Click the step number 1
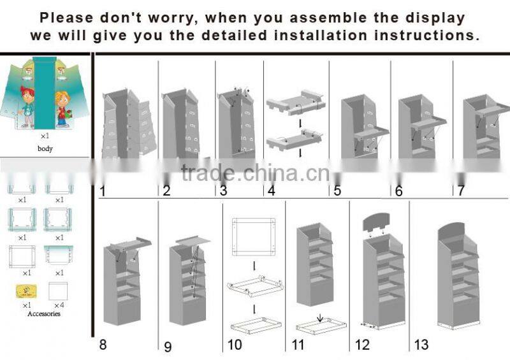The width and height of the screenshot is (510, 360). coord(103,190)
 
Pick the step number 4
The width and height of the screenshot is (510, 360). coord(272,190)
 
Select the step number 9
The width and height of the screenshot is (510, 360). coord(168,347)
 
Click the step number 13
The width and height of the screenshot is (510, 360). coord(421,345)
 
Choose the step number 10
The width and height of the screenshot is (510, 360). coord(235,345)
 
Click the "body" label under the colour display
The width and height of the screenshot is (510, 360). coord(45,148)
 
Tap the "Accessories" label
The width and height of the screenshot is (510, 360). coord(44,313)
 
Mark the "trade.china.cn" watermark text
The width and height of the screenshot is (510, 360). coord(255,173)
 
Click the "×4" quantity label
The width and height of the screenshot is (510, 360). coord(59,306)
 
